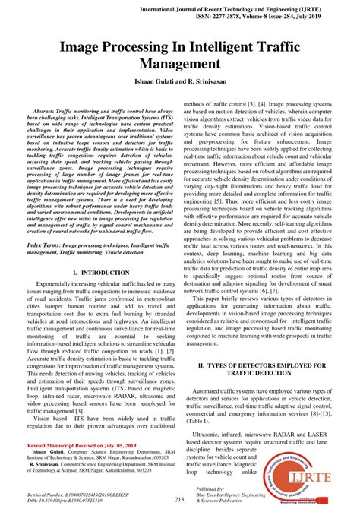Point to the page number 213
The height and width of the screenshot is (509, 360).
pos(179,498)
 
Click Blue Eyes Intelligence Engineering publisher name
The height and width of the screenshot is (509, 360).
pos(242,496)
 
